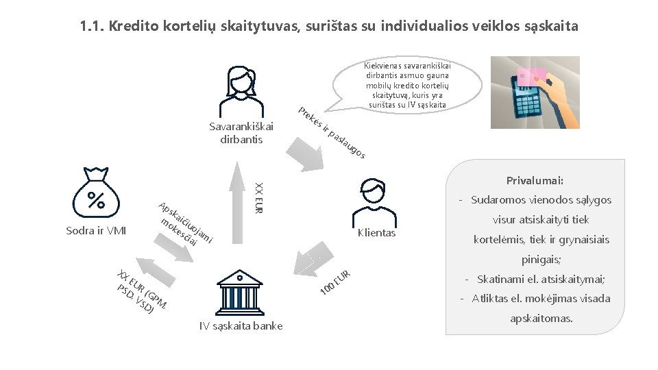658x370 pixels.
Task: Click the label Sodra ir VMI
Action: [x=96, y=230]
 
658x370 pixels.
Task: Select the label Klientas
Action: [x=376, y=233]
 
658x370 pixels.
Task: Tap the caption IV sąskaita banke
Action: [x=241, y=325]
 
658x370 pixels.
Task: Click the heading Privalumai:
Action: [x=535, y=181]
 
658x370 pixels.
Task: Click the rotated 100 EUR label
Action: [x=336, y=283]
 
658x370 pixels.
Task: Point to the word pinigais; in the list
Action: [x=541, y=260]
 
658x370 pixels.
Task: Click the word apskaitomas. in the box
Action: [x=541, y=319]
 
